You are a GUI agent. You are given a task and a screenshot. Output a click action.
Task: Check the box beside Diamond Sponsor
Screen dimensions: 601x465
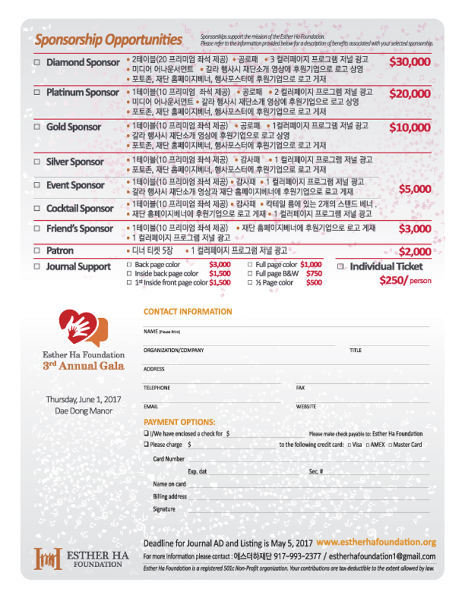click(x=37, y=62)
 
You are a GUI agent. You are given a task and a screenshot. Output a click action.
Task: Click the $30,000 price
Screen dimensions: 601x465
click(x=410, y=62)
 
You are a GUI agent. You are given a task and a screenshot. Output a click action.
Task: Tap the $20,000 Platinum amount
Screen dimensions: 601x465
click(x=410, y=93)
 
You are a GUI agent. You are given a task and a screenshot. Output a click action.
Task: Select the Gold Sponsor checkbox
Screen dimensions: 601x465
click(x=37, y=127)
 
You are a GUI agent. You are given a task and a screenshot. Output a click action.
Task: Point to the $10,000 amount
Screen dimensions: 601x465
click(x=410, y=127)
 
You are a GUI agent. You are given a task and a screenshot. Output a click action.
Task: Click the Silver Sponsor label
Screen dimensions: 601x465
click(x=75, y=162)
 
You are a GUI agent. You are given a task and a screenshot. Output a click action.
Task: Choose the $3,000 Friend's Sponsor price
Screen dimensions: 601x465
click(x=414, y=229)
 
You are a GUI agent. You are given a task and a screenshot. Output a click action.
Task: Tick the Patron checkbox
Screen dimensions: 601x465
click(x=37, y=251)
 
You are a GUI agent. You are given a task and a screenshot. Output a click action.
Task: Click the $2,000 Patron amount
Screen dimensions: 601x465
click(x=414, y=252)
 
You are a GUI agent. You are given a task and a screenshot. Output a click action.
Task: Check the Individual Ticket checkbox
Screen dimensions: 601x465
click(x=341, y=267)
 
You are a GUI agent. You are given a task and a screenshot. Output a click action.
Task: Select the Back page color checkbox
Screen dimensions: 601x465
click(x=129, y=265)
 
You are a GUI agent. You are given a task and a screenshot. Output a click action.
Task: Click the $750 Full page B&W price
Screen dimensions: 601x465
click(x=314, y=273)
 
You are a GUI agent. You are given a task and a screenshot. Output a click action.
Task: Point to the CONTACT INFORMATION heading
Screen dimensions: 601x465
click(x=188, y=312)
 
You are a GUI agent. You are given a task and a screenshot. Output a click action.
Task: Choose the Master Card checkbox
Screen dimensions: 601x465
click(x=389, y=445)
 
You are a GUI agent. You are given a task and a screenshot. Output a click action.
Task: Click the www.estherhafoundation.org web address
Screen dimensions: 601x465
click(x=376, y=542)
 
